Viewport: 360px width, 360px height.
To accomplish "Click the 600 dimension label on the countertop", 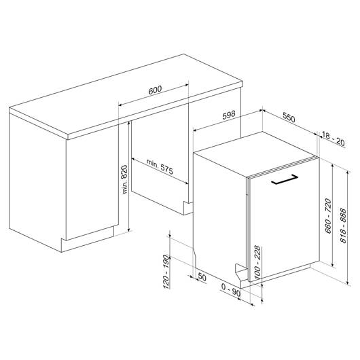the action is tap(155, 90).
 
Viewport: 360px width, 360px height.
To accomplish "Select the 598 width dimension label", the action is tap(229, 115).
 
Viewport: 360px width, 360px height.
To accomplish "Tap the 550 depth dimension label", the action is tap(289, 117).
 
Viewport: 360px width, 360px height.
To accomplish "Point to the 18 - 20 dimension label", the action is tap(334, 139).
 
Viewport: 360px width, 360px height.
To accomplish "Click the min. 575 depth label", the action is tap(160, 166).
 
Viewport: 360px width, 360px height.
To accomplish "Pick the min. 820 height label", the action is tap(124, 179).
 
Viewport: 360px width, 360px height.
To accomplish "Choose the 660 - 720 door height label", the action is tap(328, 216).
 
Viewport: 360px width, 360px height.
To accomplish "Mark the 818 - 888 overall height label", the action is tap(343, 226).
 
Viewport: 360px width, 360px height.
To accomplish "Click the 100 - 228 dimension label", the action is tap(257, 262).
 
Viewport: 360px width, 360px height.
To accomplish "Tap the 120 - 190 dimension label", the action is tap(166, 272).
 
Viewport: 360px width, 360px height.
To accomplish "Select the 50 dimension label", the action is tap(202, 277).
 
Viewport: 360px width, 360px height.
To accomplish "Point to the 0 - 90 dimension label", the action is tap(231, 290).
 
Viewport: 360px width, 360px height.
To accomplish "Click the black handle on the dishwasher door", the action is tap(284, 179).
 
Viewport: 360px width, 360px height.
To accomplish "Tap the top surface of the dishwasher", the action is tap(255, 154).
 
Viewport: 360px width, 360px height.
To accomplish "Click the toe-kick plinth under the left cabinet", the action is tap(87, 239).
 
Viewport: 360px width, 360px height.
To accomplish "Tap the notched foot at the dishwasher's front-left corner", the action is tap(241, 272).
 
